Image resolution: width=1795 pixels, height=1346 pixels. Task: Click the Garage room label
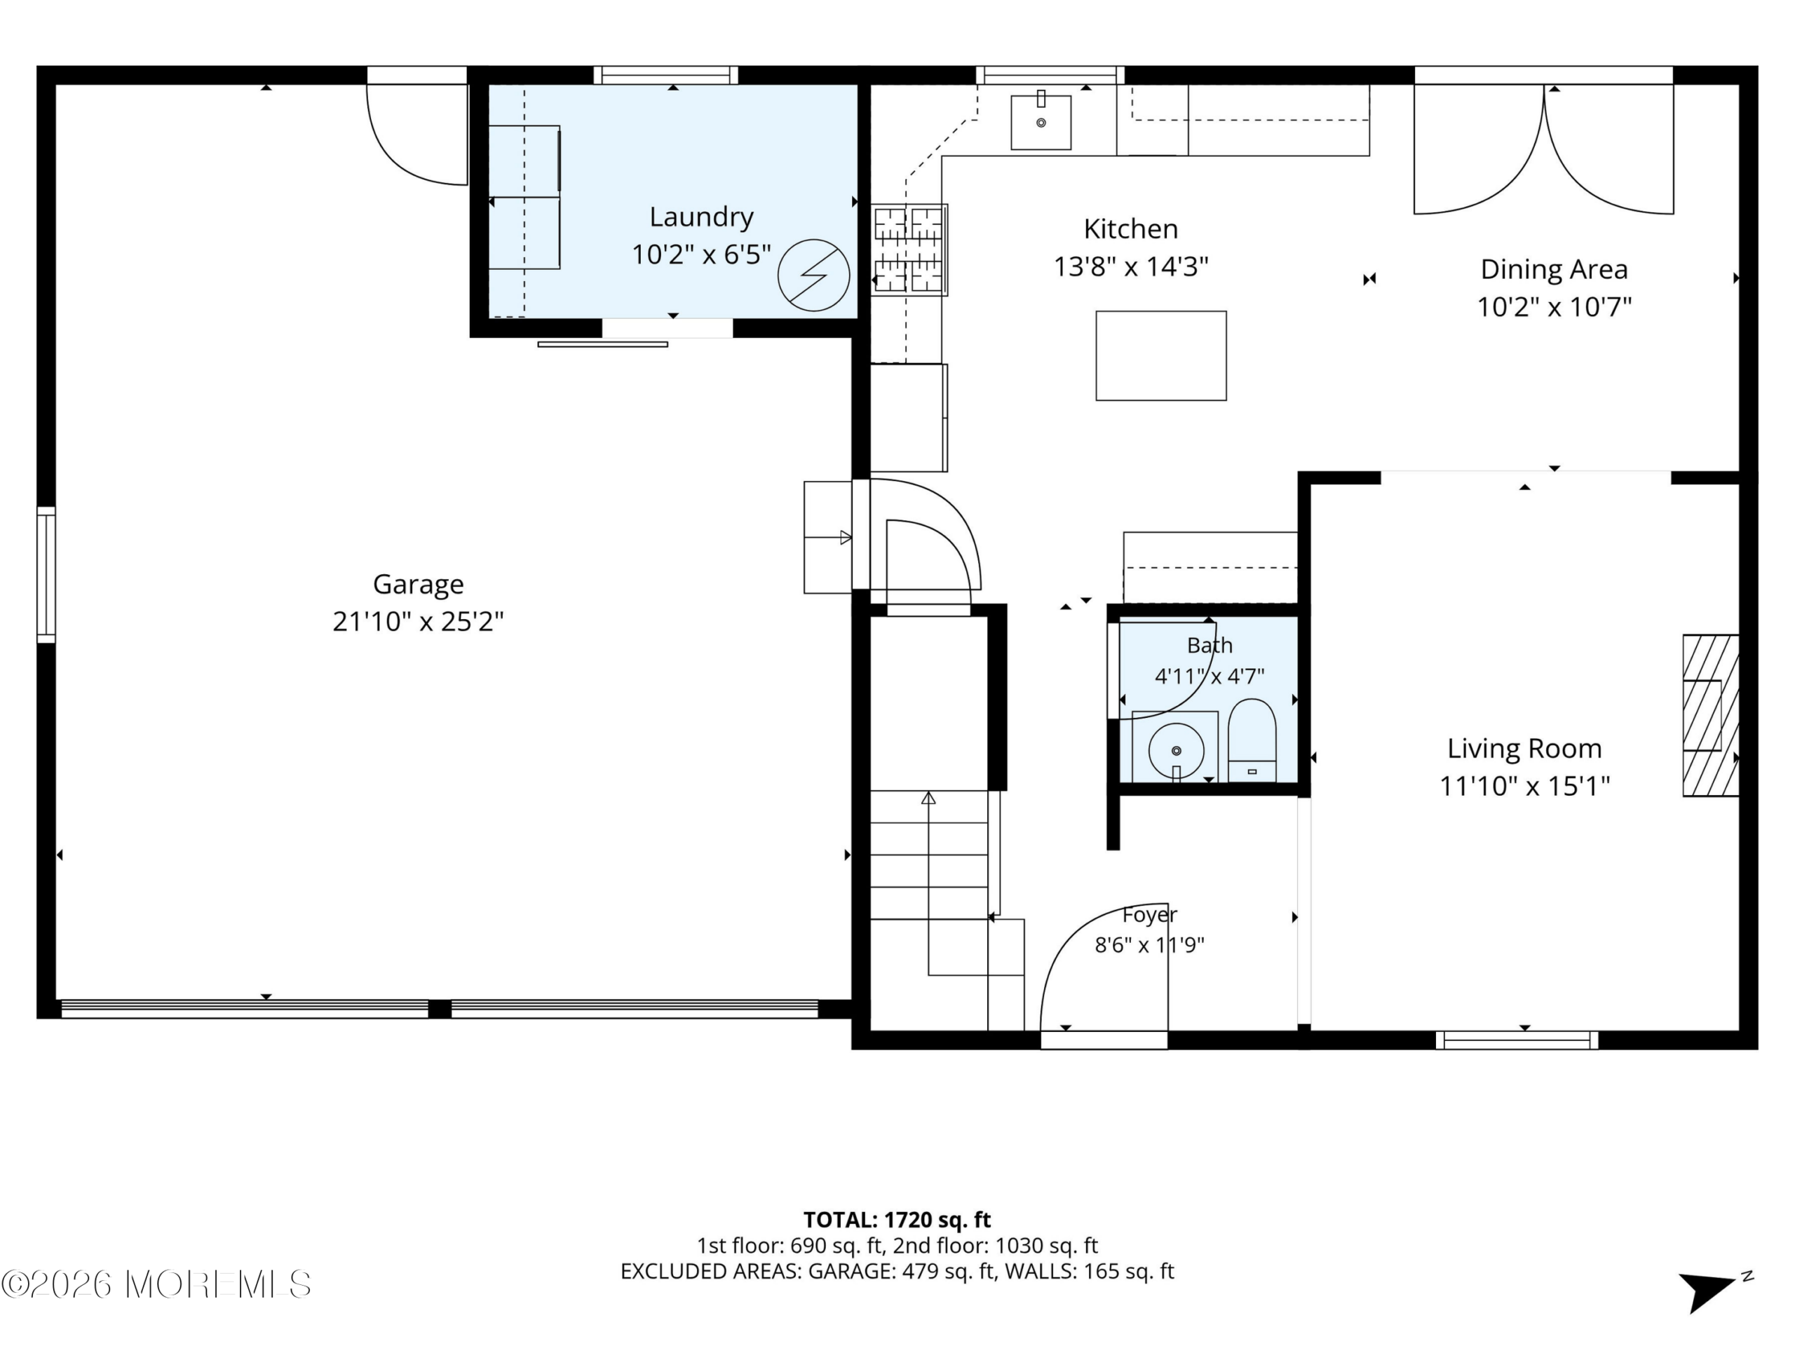point(418,584)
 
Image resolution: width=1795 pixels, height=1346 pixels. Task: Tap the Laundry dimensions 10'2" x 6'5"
point(701,254)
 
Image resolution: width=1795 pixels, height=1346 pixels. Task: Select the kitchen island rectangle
point(1160,355)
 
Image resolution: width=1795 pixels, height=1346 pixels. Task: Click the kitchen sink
point(1041,122)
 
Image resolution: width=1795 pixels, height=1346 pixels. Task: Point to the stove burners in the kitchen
point(909,249)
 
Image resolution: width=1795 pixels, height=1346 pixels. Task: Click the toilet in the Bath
point(1252,740)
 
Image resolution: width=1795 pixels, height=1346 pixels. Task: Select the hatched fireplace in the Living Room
point(1711,715)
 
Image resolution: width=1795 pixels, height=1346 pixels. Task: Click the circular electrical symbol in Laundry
point(813,275)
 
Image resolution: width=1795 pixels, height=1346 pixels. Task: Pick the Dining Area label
point(1554,269)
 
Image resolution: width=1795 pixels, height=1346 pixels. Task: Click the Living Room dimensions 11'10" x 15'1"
point(1524,786)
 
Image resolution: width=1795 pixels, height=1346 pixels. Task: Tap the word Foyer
point(1149,915)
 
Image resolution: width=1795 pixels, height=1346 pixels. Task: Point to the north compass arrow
point(1707,1290)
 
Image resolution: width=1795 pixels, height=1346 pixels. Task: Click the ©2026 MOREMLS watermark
point(156,1284)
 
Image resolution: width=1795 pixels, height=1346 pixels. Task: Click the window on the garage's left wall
point(46,576)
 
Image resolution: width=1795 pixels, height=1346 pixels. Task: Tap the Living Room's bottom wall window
point(1517,1040)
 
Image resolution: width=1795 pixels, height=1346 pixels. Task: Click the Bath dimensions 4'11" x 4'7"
point(1209,676)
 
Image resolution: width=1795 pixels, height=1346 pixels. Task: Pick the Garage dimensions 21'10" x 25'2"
point(418,623)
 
